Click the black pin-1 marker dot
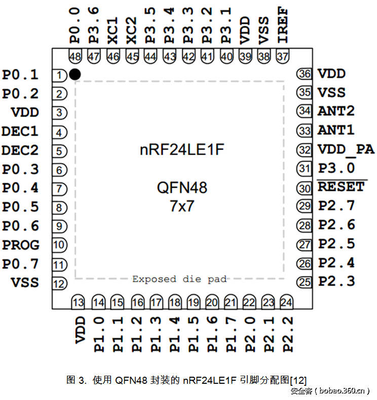75,75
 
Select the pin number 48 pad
74,57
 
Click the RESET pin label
342,187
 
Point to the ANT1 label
336,130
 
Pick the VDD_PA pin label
346,149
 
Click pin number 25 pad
305,282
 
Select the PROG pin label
21,245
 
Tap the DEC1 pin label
20,132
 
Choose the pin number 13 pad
78,303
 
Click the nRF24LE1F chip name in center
182,150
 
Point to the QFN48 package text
182,188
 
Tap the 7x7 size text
182,206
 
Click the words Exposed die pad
179,279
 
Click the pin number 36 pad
305,74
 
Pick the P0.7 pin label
20,264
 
